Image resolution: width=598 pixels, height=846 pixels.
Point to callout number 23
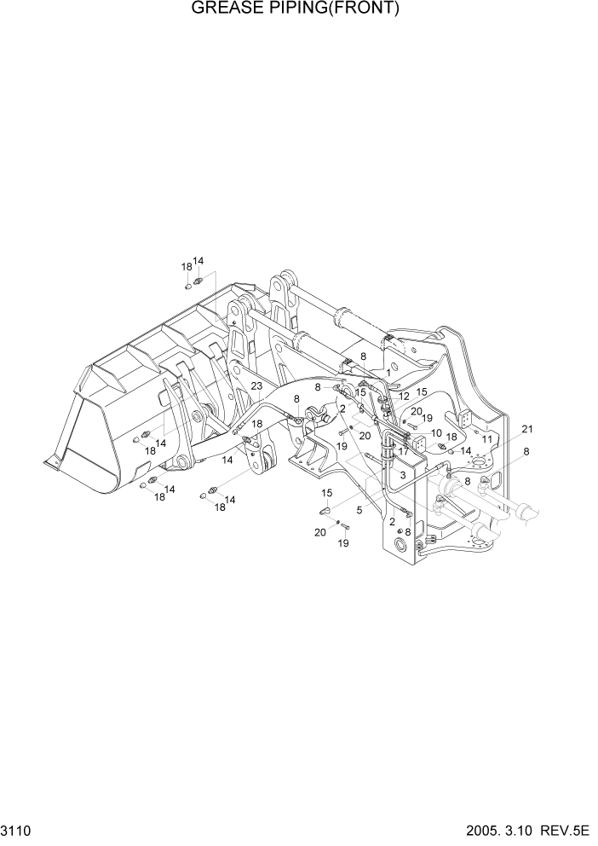click(x=256, y=385)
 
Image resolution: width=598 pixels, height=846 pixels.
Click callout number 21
click(x=527, y=428)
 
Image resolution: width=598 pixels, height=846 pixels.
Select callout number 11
click(x=487, y=438)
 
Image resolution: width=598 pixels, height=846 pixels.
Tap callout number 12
click(x=404, y=396)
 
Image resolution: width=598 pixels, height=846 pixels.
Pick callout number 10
click(x=436, y=432)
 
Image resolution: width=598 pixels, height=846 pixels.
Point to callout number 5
click(x=359, y=511)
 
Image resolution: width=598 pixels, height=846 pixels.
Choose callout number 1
click(x=388, y=373)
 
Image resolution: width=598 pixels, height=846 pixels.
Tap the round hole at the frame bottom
click(x=400, y=544)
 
